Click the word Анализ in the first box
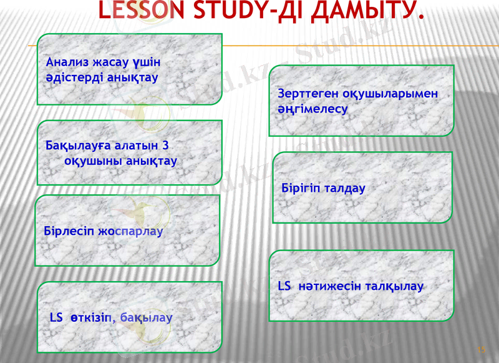coord(67,63)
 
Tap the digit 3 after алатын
coord(165,146)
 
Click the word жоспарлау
coord(130,231)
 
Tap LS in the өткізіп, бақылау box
coord(56,317)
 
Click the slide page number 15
coord(481,350)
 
